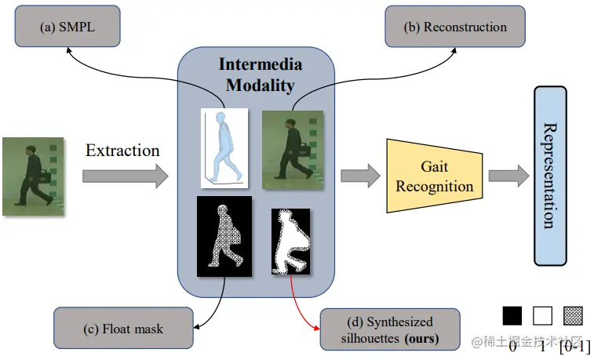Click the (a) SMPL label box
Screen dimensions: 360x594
tap(67, 26)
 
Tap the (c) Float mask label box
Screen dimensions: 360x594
tap(113, 329)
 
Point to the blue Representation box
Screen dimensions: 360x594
tap(561, 176)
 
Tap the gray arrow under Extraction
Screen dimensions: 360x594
tap(125, 176)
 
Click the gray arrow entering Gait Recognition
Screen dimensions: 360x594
tap(358, 176)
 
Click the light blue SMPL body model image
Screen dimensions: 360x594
tap(224, 148)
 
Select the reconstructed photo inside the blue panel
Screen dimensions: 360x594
tap(292, 150)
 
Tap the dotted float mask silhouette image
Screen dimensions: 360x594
tap(224, 235)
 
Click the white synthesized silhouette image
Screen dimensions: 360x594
tap(290, 242)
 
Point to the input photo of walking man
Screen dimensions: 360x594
tap(33, 176)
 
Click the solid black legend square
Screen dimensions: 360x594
tap(512, 315)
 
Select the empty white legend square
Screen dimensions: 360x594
tap(543, 315)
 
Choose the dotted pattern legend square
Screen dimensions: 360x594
tap(573, 315)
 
